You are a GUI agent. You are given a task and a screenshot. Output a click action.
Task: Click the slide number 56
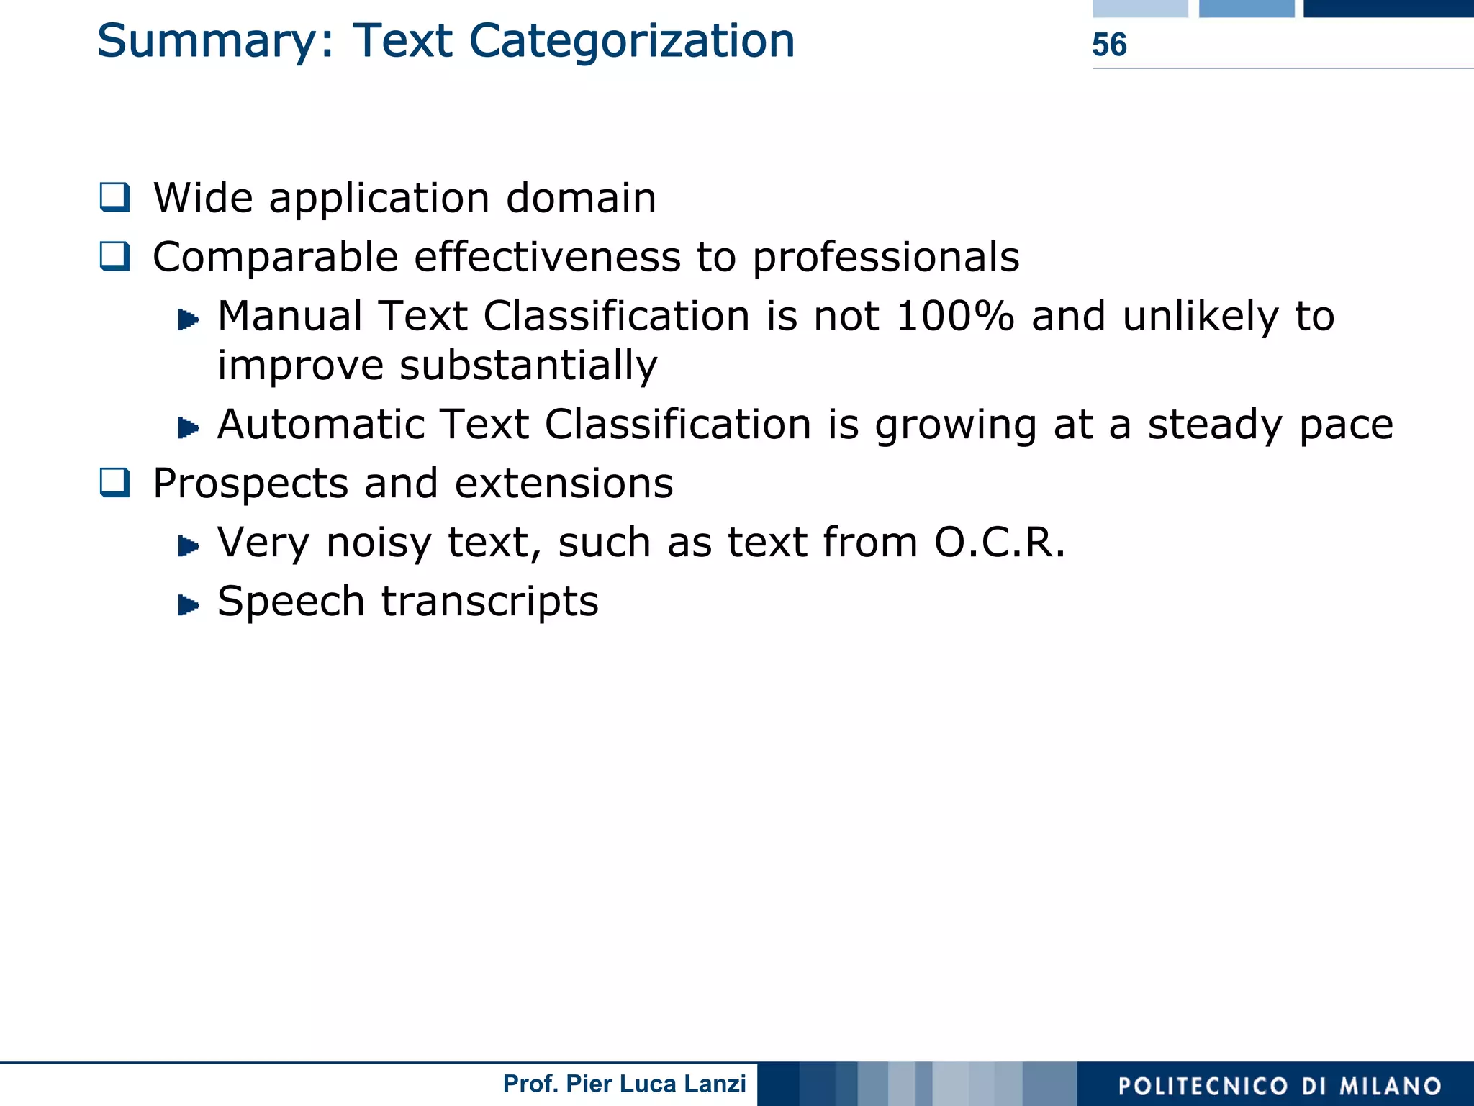[1109, 45]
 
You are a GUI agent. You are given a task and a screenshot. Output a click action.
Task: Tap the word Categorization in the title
[632, 42]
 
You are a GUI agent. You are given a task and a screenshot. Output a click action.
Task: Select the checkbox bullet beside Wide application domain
[115, 197]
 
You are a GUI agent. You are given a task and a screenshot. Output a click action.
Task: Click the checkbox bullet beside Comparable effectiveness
[115, 256]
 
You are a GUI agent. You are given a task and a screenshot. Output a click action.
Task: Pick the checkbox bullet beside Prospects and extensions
[115, 483]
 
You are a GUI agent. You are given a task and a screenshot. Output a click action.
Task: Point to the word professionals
[886, 258]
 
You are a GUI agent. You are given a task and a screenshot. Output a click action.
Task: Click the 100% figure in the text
[955, 316]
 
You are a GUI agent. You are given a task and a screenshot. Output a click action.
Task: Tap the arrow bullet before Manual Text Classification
[188, 319]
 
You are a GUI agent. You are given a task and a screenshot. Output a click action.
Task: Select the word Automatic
[320, 424]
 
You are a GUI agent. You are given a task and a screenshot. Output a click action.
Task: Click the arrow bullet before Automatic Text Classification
[188, 428]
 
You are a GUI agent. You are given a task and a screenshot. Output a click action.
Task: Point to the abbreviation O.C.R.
[999, 542]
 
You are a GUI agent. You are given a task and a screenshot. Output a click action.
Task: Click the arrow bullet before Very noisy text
[188, 546]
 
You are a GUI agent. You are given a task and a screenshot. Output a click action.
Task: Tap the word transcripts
[489, 602]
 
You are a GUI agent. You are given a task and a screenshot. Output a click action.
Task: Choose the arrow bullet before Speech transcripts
[188, 605]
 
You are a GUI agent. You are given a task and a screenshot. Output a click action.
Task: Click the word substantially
[528, 366]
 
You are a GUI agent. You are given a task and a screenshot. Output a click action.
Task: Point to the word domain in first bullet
[581, 198]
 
